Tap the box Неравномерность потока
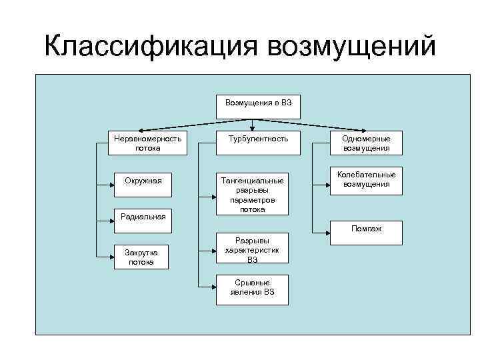point(147,143)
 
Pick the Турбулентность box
point(258,139)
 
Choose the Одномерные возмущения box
point(366,143)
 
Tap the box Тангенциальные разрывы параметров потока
point(253,195)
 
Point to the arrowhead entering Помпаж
point(329,233)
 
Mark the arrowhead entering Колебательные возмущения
point(329,181)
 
